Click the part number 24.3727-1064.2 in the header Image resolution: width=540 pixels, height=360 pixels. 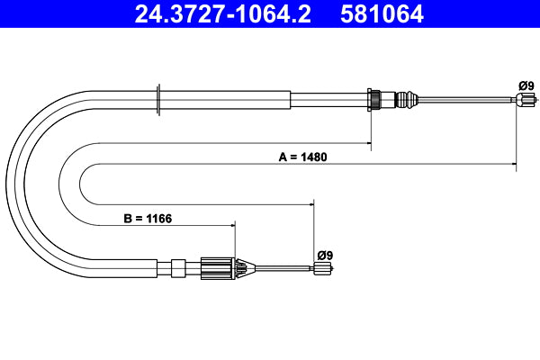(x=221, y=14)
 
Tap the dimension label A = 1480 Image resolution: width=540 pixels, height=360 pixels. (x=302, y=157)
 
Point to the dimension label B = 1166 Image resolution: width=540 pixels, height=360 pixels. (x=147, y=218)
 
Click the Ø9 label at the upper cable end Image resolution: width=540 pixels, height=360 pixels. (x=526, y=85)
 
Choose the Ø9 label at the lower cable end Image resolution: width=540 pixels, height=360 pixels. (x=324, y=255)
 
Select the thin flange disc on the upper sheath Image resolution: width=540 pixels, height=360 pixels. (x=158, y=99)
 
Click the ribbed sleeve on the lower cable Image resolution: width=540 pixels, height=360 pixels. (x=217, y=267)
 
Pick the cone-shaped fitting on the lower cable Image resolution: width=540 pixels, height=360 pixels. (x=244, y=267)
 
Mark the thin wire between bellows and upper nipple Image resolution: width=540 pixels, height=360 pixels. (x=468, y=100)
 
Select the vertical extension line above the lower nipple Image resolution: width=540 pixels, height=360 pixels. (x=313, y=229)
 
